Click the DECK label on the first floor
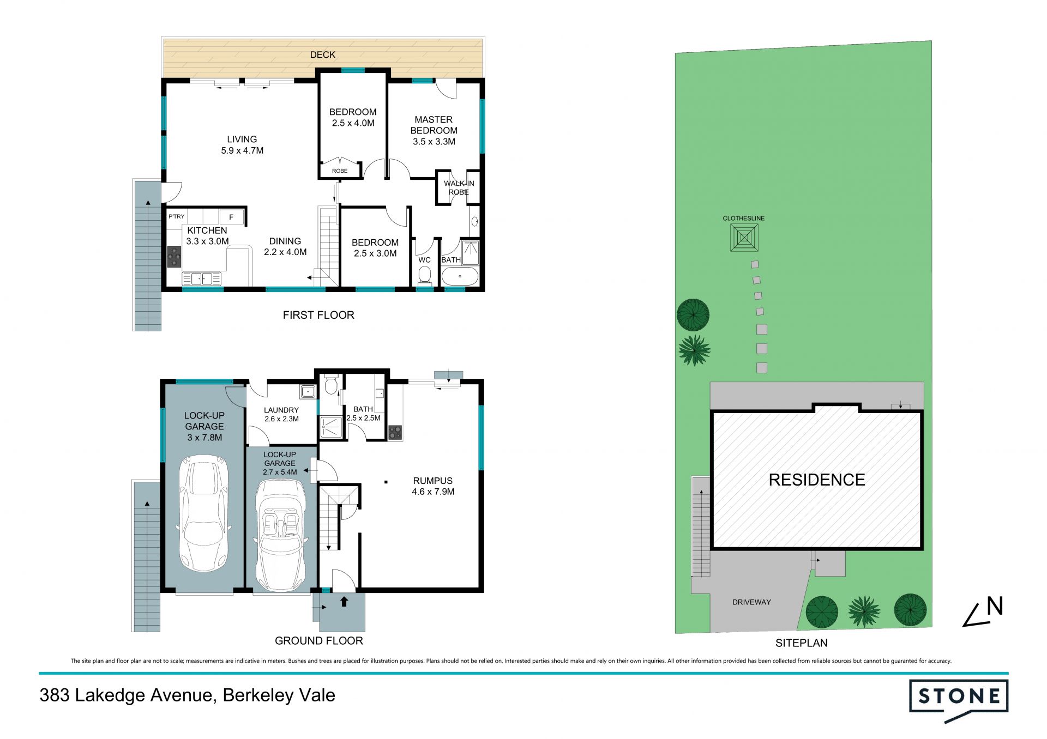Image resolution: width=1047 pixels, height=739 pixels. pyautogui.click(x=323, y=54)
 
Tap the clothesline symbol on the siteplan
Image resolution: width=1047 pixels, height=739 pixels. pyautogui.click(x=744, y=238)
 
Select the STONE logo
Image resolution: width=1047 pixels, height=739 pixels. pyautogui.click(x=959, y=700)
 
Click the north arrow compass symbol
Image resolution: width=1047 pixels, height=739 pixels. pyautogui.click(x=983, y=612)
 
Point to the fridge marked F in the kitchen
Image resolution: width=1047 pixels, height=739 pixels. pyautogui.click(x=232, y=217)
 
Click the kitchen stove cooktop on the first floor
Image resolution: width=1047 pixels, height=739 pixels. pyautogui.click(x=174, y=256)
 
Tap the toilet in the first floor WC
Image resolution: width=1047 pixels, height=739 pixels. pyautogui.click(x=424, y=276)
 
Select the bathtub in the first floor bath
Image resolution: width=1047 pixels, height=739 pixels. pyautogui.click(x=460, y=276)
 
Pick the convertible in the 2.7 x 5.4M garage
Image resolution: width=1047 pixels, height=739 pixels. pyautogui.click(x=280, y=536)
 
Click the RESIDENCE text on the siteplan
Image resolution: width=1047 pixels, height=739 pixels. pyautogui.click(x=817, y=480)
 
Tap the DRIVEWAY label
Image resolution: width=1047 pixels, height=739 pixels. pyautogui.click(x=751, y=602)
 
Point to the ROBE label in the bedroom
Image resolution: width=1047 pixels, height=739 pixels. pyautogui.click(x=340, y=171)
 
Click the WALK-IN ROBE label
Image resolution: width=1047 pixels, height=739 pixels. pyautogui.click(x=459, y=187)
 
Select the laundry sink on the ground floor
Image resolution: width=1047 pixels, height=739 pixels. pyautogui.click(x=308, y=391)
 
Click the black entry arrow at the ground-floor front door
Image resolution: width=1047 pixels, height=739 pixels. pyautogui.click(x=344, y=601)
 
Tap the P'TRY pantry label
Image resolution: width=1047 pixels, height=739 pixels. pyautogui.click(x=176, y=216)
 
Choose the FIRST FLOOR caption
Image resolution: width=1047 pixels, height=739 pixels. pyautogui.click(x=318, y=315)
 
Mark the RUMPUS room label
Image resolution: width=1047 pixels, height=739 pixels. pyautogui.click(x=433, y=481)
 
